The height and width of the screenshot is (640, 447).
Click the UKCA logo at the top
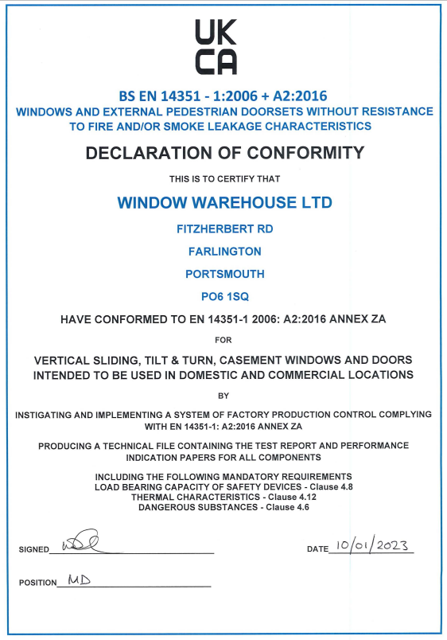(216, 47)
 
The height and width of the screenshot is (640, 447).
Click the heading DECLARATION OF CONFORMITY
(224, 152)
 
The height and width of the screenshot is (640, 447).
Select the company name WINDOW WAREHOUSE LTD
(224, 202)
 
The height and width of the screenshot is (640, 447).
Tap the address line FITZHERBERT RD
(224, 229)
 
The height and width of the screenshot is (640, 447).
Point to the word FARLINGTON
(224, 252)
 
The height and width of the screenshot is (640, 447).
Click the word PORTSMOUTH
(224, 274)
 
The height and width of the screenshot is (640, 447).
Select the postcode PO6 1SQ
(224, 296)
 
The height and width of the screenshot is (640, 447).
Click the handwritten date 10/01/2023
(371, 545)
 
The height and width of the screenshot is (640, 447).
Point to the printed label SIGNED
(33, 550)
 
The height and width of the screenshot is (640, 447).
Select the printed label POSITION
(38, 583)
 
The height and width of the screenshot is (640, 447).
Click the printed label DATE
(317, 549)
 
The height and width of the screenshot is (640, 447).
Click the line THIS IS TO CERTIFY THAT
(224, 178)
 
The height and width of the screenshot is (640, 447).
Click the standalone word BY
(223, 395)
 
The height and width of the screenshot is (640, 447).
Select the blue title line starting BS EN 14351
(224, 96)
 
